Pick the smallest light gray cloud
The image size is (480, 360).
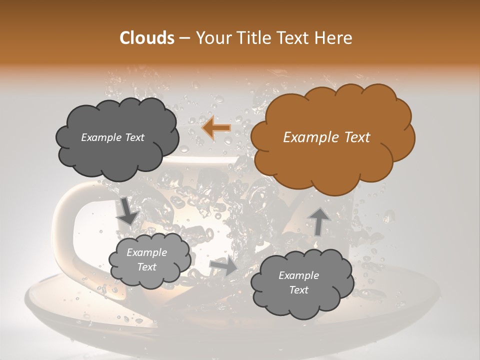tap(149, 260)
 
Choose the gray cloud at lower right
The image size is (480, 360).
tap(302, 283)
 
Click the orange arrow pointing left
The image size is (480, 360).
tap(216, 128)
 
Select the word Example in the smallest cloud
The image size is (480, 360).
tap(146, 252)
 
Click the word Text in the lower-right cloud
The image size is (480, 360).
tap(298, 290)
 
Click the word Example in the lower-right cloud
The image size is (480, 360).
tap(298, 275)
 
